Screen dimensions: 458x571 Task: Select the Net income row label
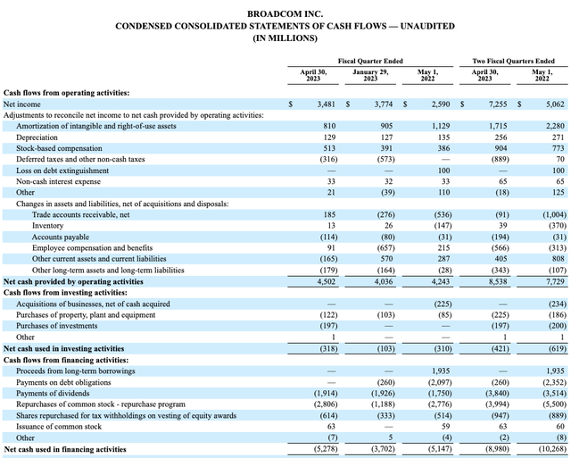22,104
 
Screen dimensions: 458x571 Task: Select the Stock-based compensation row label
58,148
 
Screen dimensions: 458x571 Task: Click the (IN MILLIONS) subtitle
285,38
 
